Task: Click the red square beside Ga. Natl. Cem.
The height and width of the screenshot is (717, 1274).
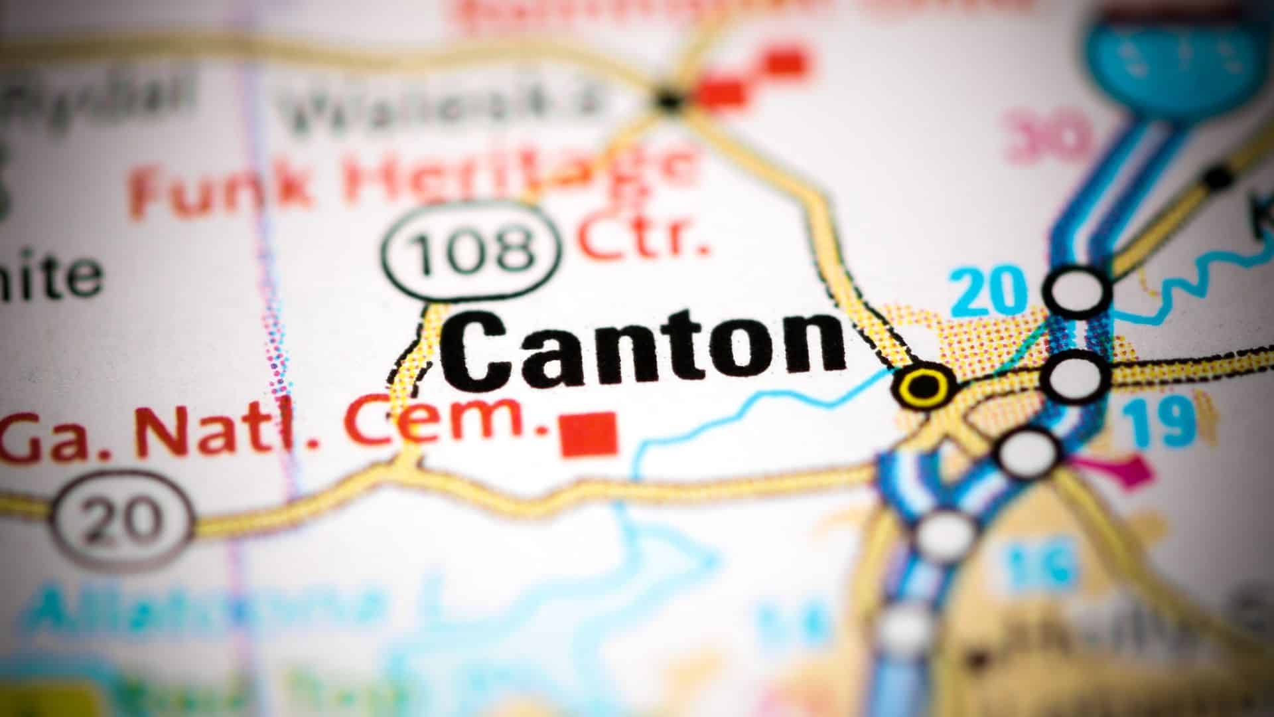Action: point(589,435)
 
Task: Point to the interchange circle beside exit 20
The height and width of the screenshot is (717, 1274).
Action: point(1078,289)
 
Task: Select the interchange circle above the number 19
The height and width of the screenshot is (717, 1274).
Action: point(1075,376)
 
